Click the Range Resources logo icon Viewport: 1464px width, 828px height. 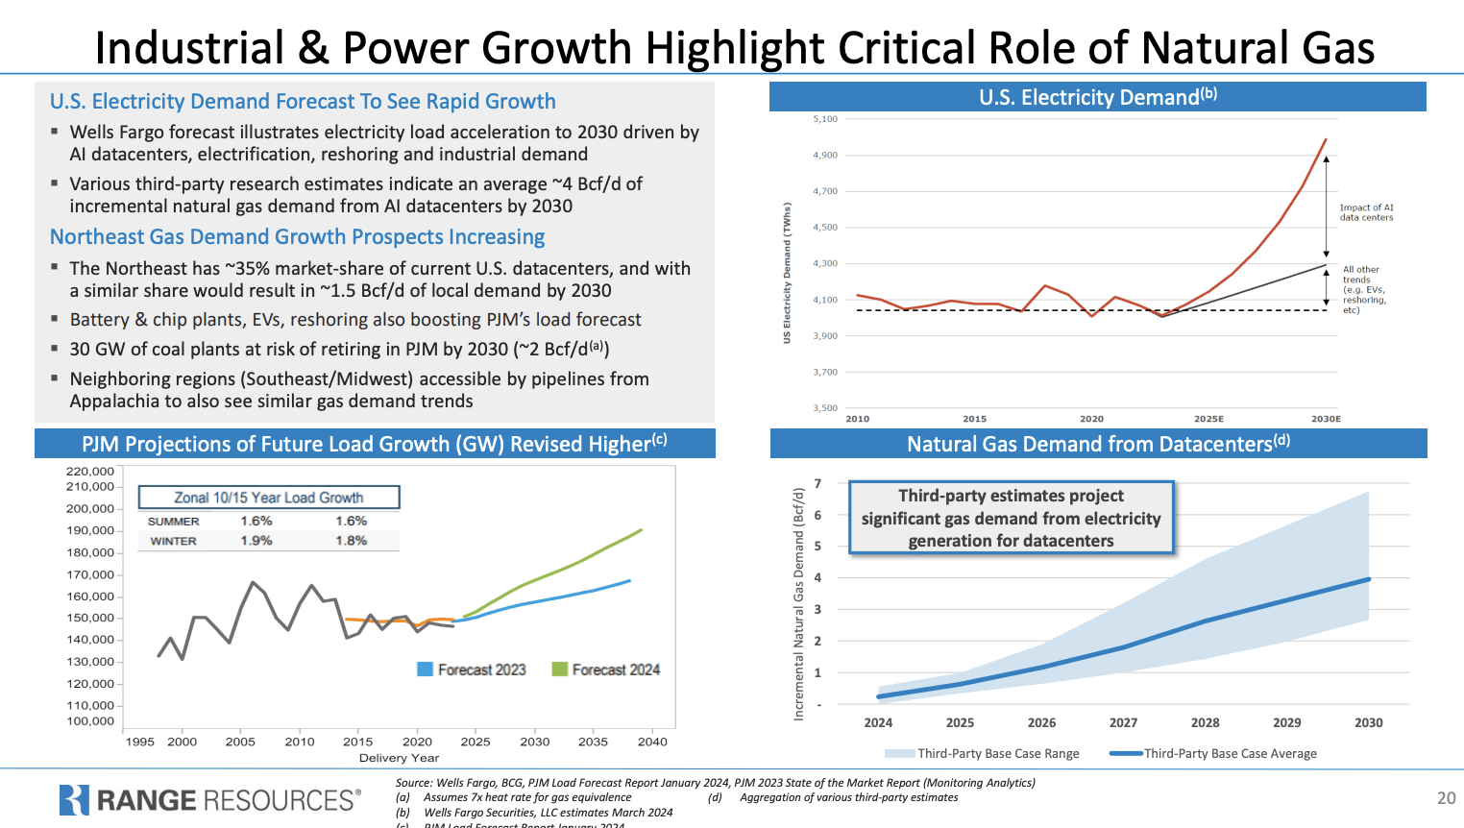74,800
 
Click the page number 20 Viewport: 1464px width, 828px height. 1446,798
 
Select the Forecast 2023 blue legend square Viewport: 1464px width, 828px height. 425,670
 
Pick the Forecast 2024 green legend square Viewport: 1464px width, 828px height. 559,670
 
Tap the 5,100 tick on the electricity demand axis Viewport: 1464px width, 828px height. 825,119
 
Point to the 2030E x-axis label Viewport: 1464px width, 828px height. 1326,419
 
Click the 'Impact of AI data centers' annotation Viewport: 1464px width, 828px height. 1366,212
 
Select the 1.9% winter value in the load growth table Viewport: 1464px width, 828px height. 256,541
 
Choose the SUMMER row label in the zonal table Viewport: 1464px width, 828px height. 174,522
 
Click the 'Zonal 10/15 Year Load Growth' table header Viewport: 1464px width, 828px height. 269,498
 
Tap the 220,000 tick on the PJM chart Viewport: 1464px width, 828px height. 90,472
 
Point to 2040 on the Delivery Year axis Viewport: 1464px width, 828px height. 652,742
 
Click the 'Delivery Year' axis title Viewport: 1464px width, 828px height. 399,758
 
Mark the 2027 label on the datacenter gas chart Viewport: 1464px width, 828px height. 1123,722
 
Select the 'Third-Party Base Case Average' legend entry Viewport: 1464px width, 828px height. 1230,754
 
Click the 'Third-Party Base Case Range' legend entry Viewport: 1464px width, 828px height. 998,754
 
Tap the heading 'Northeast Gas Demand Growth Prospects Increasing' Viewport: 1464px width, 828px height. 297,237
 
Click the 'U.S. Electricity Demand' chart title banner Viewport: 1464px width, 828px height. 1097,97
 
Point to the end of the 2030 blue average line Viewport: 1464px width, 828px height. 1368,579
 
